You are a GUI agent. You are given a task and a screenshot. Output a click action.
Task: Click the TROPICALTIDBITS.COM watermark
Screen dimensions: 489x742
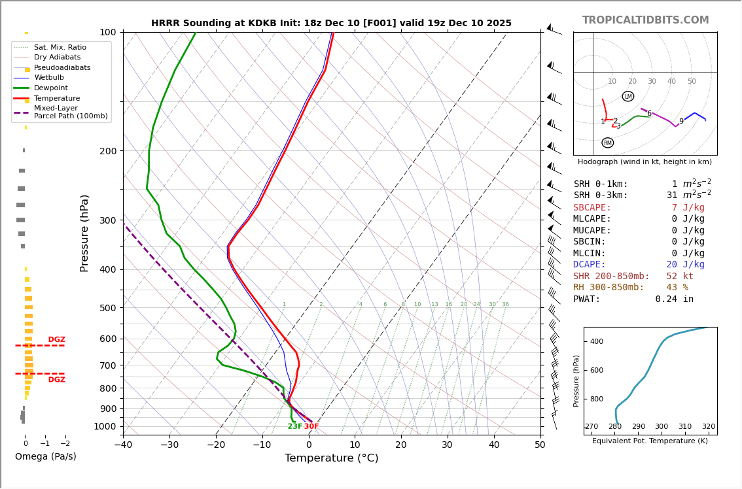point(645,20)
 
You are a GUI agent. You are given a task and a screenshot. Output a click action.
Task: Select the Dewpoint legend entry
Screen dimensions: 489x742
point(51,88)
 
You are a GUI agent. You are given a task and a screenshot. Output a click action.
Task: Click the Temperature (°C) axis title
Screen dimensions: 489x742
point(331,458)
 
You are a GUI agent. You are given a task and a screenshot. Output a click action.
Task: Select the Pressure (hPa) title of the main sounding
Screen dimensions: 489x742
point(85,233)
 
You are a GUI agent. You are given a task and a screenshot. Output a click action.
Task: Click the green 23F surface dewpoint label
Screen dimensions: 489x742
point(294,427)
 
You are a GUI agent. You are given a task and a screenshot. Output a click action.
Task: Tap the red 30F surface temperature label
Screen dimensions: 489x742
point(311,427)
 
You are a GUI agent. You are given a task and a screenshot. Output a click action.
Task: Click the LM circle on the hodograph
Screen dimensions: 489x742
point(628,97)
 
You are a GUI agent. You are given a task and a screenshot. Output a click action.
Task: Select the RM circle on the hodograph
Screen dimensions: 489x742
point(608,143)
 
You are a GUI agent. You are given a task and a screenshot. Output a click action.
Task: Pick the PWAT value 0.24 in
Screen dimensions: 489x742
point(674,299)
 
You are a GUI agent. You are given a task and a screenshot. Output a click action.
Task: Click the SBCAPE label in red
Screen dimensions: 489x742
point(592,208)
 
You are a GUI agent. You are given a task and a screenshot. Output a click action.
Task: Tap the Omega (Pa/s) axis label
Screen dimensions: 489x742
point(46,457)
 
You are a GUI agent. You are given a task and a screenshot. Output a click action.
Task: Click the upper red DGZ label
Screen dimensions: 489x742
point(57,340)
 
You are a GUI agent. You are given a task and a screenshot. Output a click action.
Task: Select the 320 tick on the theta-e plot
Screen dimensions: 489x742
point(709,427)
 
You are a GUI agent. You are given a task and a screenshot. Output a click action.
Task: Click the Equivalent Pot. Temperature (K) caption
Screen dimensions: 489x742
point(650,441)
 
